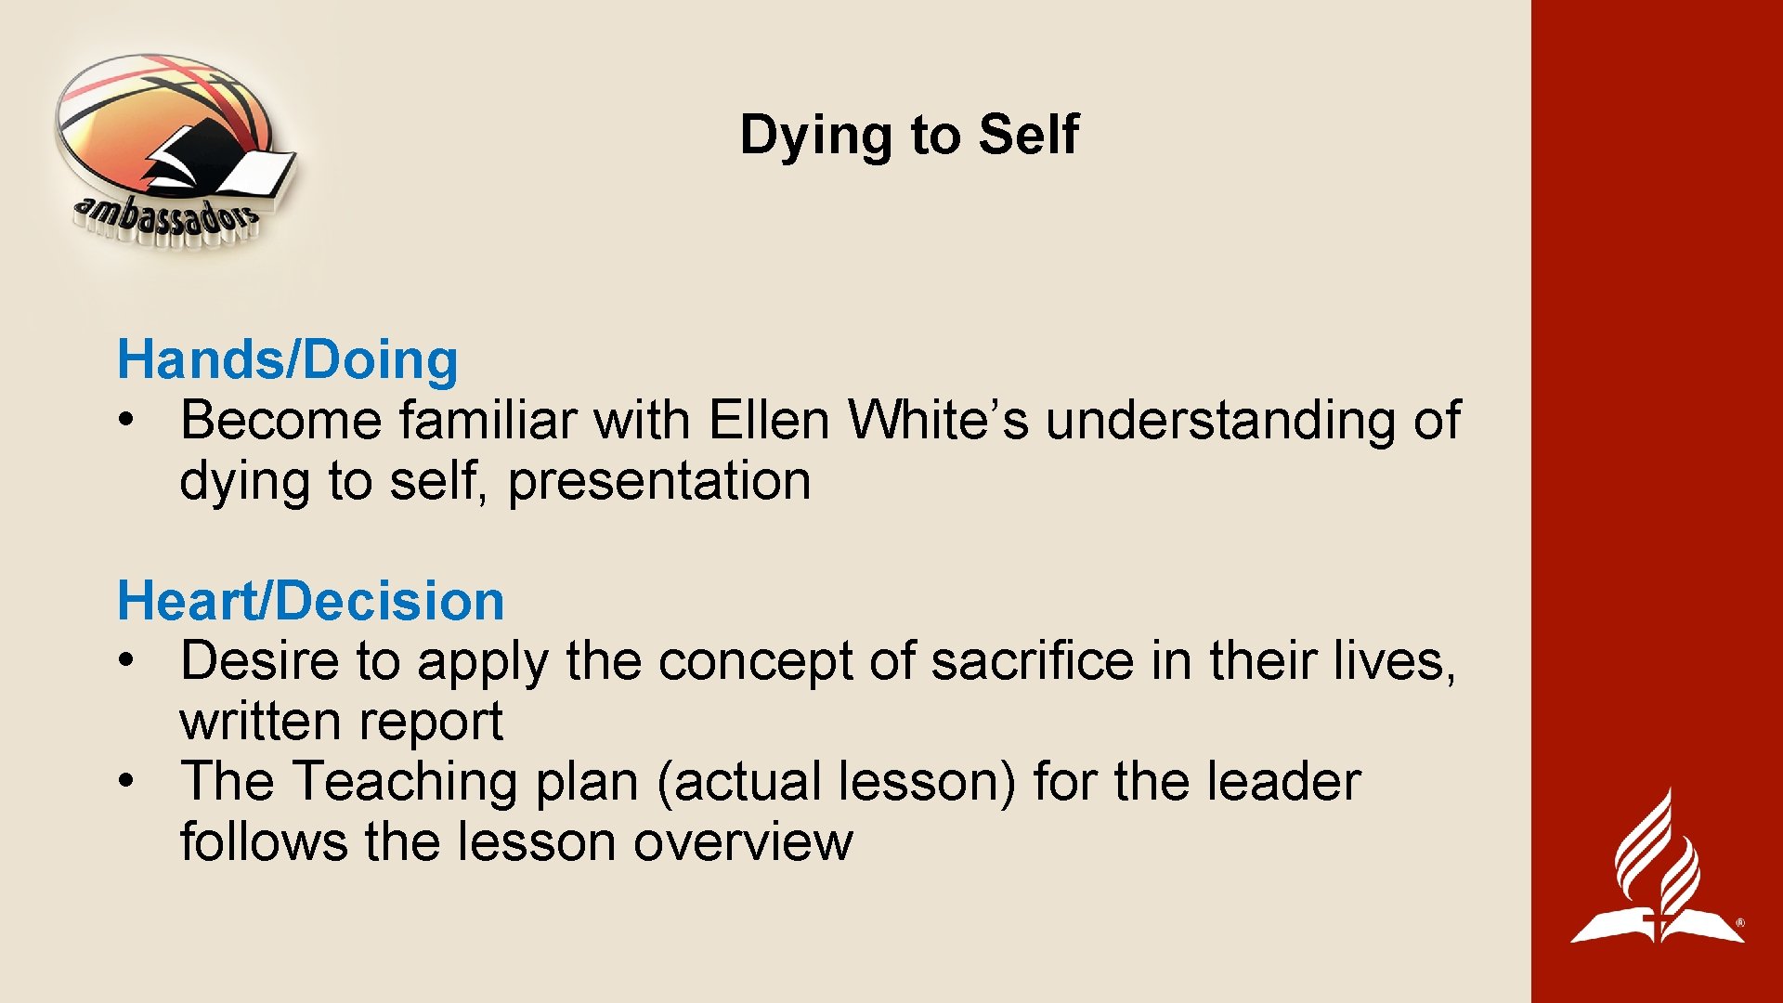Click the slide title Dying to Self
pos(908,135)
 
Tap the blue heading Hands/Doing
pos(288,360)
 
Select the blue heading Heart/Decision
pos(310,601)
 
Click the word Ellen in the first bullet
pos(768,420)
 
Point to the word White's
pos(938,420)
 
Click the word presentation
pos(659,481)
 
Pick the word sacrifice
pos(1032,661)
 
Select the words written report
pos(341,722)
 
